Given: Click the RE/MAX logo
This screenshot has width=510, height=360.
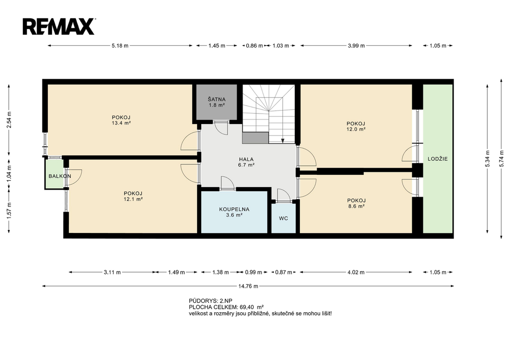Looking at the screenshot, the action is [x=59, y=26].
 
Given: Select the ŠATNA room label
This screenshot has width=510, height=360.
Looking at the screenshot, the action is [x=217, y=99].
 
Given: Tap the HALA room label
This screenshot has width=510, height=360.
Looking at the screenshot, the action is [x=246, y=159].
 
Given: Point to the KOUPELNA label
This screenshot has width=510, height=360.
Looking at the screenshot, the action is [x=234, y=210].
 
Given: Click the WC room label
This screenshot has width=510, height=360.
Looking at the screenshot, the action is [x=283, y=219].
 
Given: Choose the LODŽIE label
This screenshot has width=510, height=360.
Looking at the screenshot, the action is [x=437, y=159].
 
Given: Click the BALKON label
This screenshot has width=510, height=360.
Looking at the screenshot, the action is [x=60, y=176].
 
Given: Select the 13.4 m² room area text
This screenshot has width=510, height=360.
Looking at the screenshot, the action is [x=121, y=123].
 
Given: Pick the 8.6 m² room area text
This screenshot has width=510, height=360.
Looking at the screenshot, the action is [x=356, y=206].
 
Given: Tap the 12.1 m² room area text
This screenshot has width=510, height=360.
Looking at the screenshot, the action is [x=133, y=199].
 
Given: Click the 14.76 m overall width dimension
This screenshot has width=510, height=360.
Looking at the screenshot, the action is [x=248, y=286].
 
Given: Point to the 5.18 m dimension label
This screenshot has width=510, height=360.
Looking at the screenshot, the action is [x=120, y=46].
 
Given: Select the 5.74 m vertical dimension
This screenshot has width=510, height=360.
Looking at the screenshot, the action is [x=501, y=159].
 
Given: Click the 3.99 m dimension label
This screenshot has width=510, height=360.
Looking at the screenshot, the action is [x=356, y=46].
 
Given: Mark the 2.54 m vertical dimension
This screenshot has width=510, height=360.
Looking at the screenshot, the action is [x=9, y=120].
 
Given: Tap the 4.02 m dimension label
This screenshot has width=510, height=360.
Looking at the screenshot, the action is [x=356, y=272].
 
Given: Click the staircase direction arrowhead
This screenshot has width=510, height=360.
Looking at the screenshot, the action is [x=283, y=141].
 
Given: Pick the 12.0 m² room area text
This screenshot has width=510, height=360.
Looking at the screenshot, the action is [x=356, y=129].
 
